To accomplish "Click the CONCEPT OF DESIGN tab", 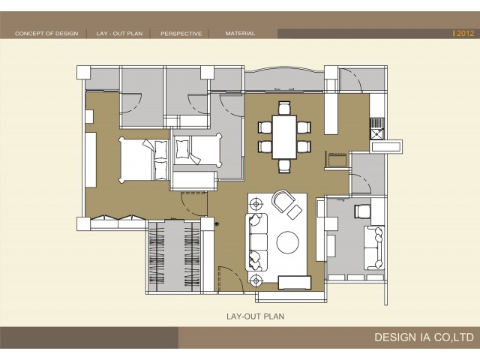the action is (46, 34).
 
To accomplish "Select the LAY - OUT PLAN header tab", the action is (119, 34).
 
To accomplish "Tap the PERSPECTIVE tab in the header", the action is (181, 34).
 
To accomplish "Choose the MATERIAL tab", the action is (240, 33).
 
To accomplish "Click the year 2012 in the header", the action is (465, 33).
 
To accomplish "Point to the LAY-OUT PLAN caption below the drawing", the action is (256, 316).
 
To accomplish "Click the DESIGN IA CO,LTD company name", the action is (424, 337).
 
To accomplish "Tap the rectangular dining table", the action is (284, 136).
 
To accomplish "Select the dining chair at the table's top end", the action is (284, 108).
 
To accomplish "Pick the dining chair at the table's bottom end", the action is (284, 166).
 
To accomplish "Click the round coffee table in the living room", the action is (288, 242).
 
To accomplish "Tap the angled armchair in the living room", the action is (283, 200).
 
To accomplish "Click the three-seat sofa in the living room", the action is (256, 241).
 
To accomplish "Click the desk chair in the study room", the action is (362, 211).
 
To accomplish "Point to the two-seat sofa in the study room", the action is (374, 248).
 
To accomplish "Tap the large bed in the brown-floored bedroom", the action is (143, 160).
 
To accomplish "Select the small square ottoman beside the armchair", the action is (295, 212).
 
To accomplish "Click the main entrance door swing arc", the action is (235, 274).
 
